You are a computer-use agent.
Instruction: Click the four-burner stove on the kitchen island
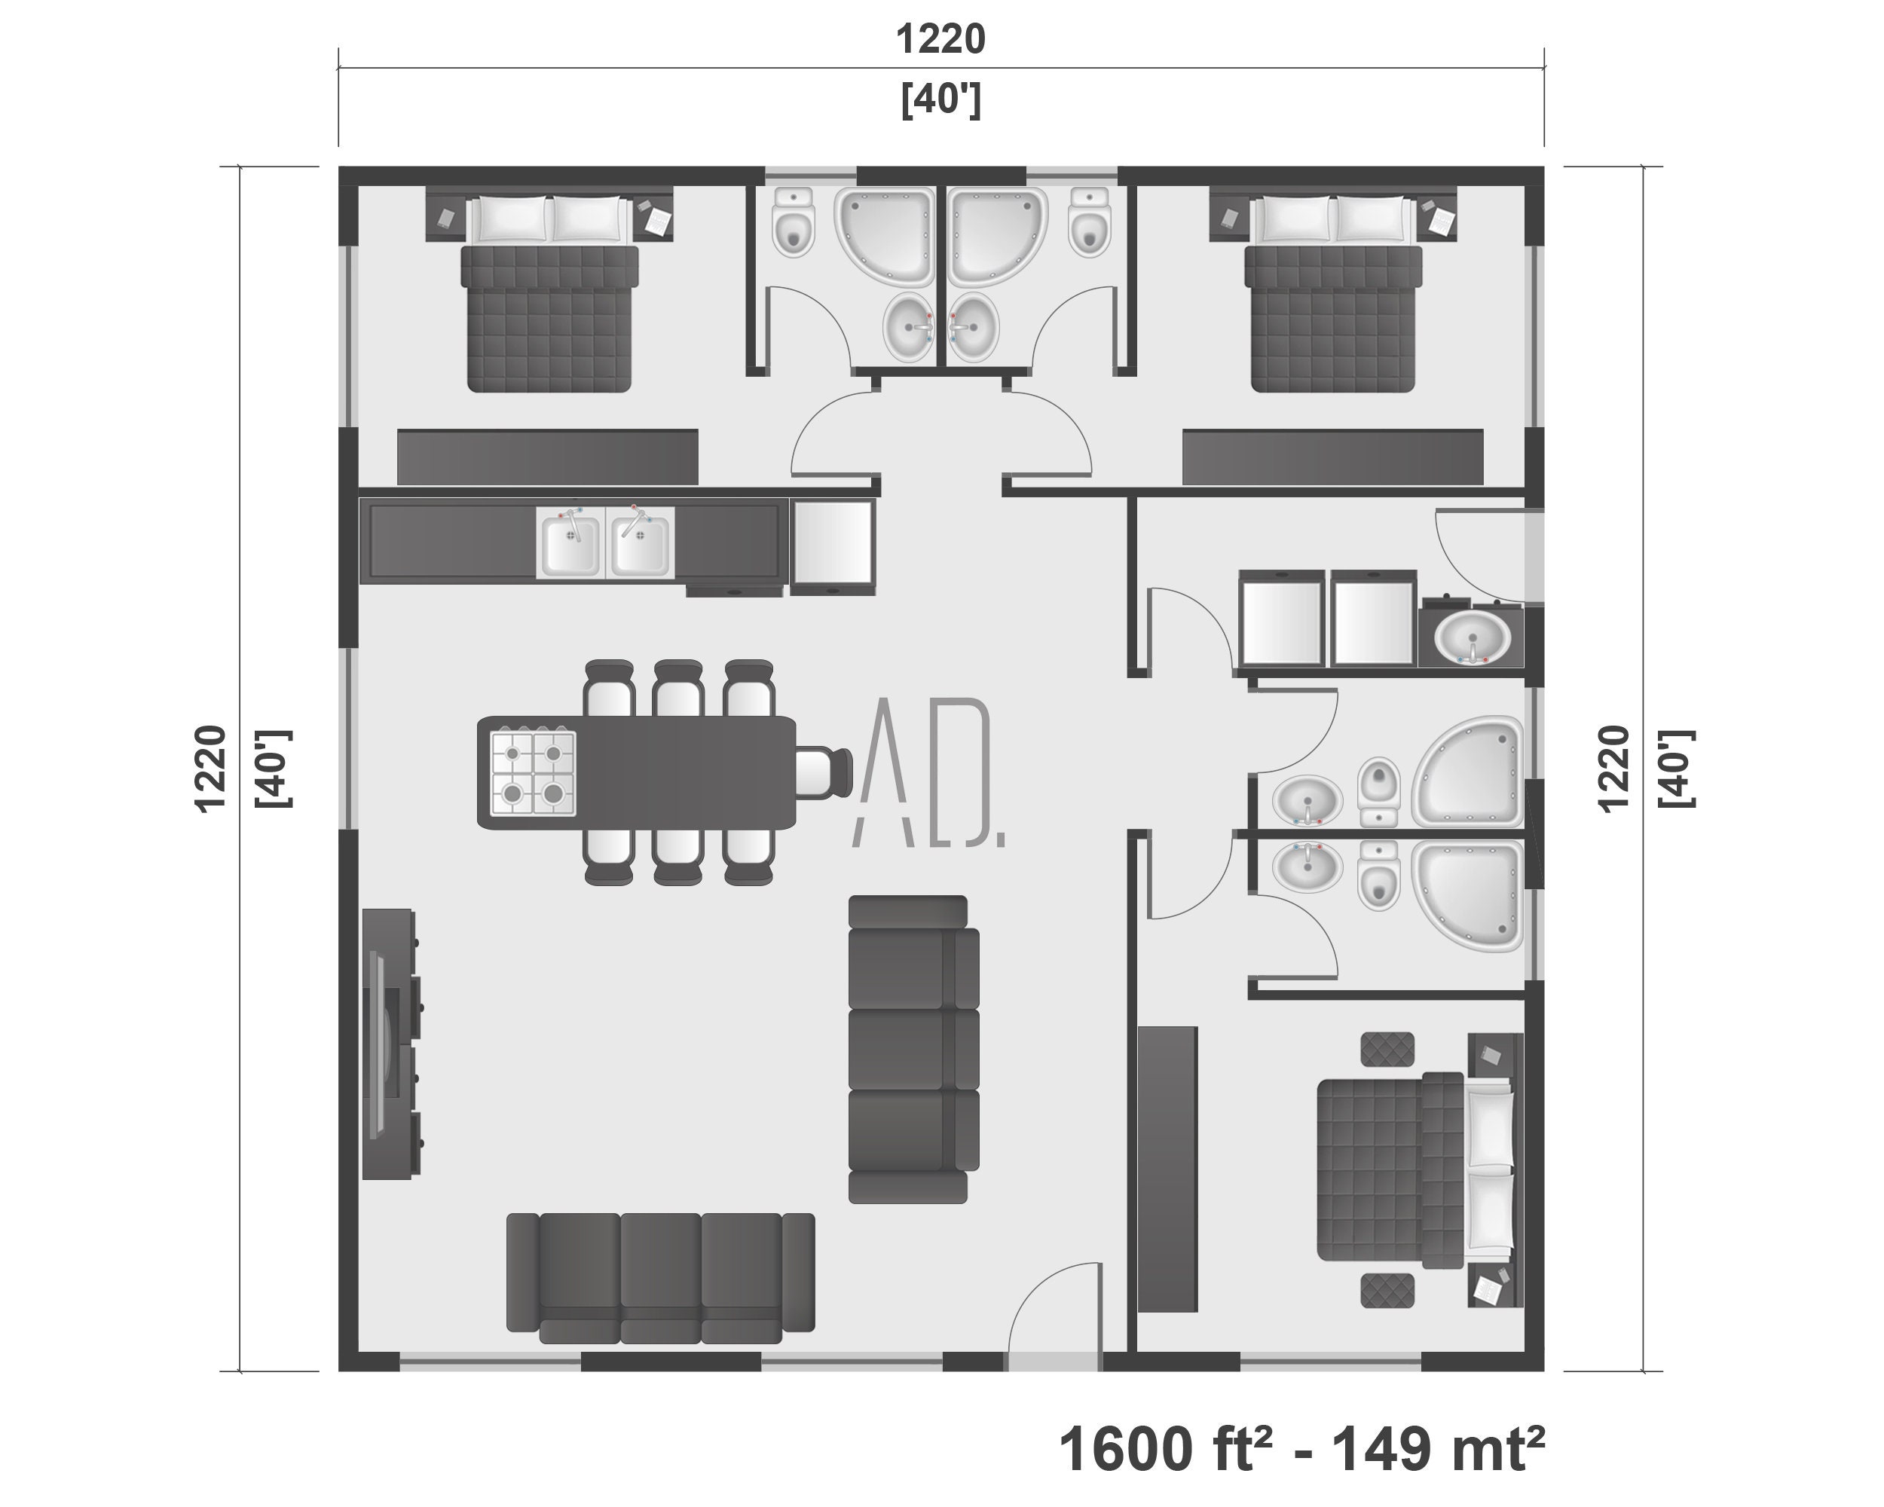(x=533, y=773)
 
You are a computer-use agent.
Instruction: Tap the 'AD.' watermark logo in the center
(x=928, y=773)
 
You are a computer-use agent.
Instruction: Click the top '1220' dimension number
(x=941, y=39)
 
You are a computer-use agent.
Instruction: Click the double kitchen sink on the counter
(x=606, y=543)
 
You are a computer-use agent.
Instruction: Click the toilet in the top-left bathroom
(x=794, y=223)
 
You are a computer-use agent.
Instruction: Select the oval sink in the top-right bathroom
(x=973, y=327)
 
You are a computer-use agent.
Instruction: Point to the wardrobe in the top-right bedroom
(x=1332, y=456)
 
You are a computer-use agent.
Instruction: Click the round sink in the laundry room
(x=1473, y=636)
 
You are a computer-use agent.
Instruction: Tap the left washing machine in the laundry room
(x=1281, y=618)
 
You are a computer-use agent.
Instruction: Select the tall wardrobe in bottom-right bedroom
(x=1168, y=1169)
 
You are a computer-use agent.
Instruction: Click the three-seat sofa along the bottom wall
(x=661, y=1277)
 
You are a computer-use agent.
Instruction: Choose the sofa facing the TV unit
(x=913, y=1048)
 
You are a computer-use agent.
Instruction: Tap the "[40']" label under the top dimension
(x=941, y=100)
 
